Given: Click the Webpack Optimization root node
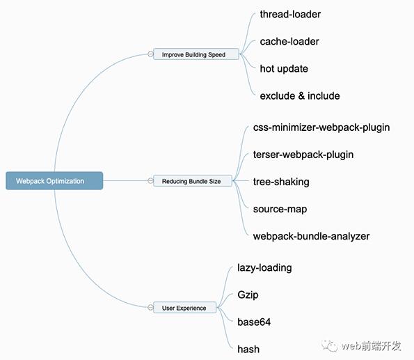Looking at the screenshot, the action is coord(54,181).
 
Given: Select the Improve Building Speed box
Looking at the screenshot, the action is coord(196,54).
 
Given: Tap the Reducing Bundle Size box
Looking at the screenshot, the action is coord(193,181).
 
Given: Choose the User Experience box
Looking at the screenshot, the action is coord(185,307).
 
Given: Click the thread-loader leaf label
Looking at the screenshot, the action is coord(290,14).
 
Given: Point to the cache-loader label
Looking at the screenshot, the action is coord(289,42).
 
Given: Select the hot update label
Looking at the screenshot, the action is coord(284,69).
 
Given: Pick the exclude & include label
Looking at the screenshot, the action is coord(300,95).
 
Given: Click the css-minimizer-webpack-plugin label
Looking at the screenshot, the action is coord(321,127).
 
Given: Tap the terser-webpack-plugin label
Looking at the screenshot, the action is coord(303,155).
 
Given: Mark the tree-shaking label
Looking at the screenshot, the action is coord(281,182).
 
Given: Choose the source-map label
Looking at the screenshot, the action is coord(280,209).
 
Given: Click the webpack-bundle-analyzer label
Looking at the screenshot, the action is coord(311,236).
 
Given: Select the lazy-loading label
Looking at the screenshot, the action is coord(264,268).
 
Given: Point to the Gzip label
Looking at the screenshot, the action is coord(248,295).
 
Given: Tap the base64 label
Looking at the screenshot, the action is coord(254,322).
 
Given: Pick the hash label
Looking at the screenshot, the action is coord(248,349).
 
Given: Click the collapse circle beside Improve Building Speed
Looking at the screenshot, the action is coord(150,54).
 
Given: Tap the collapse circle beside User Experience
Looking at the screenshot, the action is coord(150,307).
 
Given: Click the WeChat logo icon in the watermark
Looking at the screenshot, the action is coord(330,346).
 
